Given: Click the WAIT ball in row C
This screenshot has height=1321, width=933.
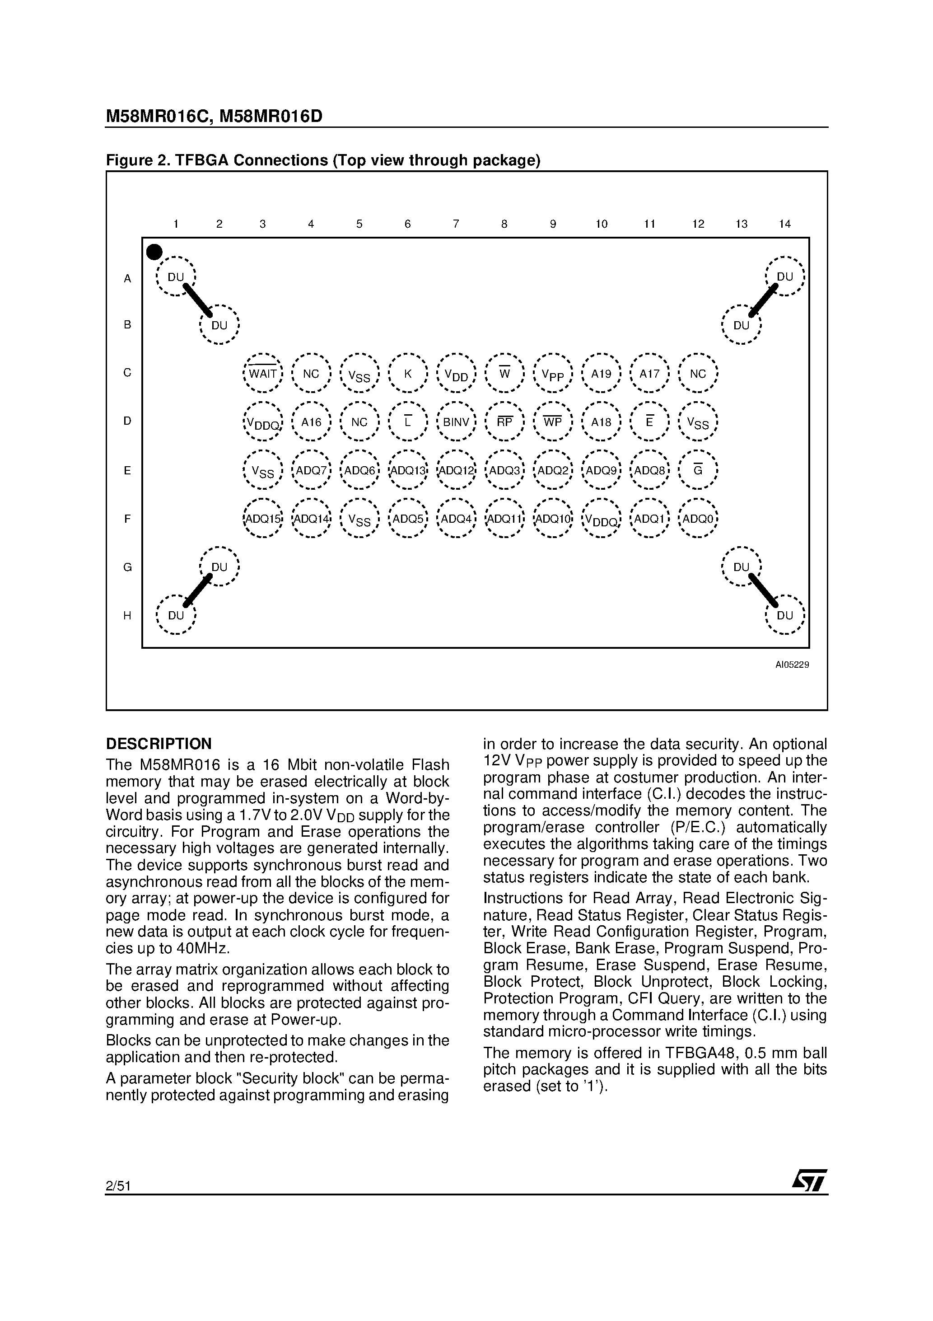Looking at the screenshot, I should [x=263, y=374].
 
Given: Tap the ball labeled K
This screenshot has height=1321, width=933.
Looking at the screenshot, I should [x=408, y=374].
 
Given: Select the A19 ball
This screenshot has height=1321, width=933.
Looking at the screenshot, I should [x=601, y=374].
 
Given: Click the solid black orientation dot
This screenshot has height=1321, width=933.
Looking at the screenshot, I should [x=154, y=252].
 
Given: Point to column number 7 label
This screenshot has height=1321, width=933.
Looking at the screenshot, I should [x=456, y=224].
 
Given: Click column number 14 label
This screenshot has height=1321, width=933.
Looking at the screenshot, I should [x=784, y=224].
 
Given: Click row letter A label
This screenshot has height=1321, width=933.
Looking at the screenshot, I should [x=128, y=278].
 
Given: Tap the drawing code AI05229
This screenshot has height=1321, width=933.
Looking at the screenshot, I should [x=792, y=665].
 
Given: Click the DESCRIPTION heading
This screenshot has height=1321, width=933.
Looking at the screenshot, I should [x=159, y=744].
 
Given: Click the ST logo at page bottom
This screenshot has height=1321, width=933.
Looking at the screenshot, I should [x=809, y=1182].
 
